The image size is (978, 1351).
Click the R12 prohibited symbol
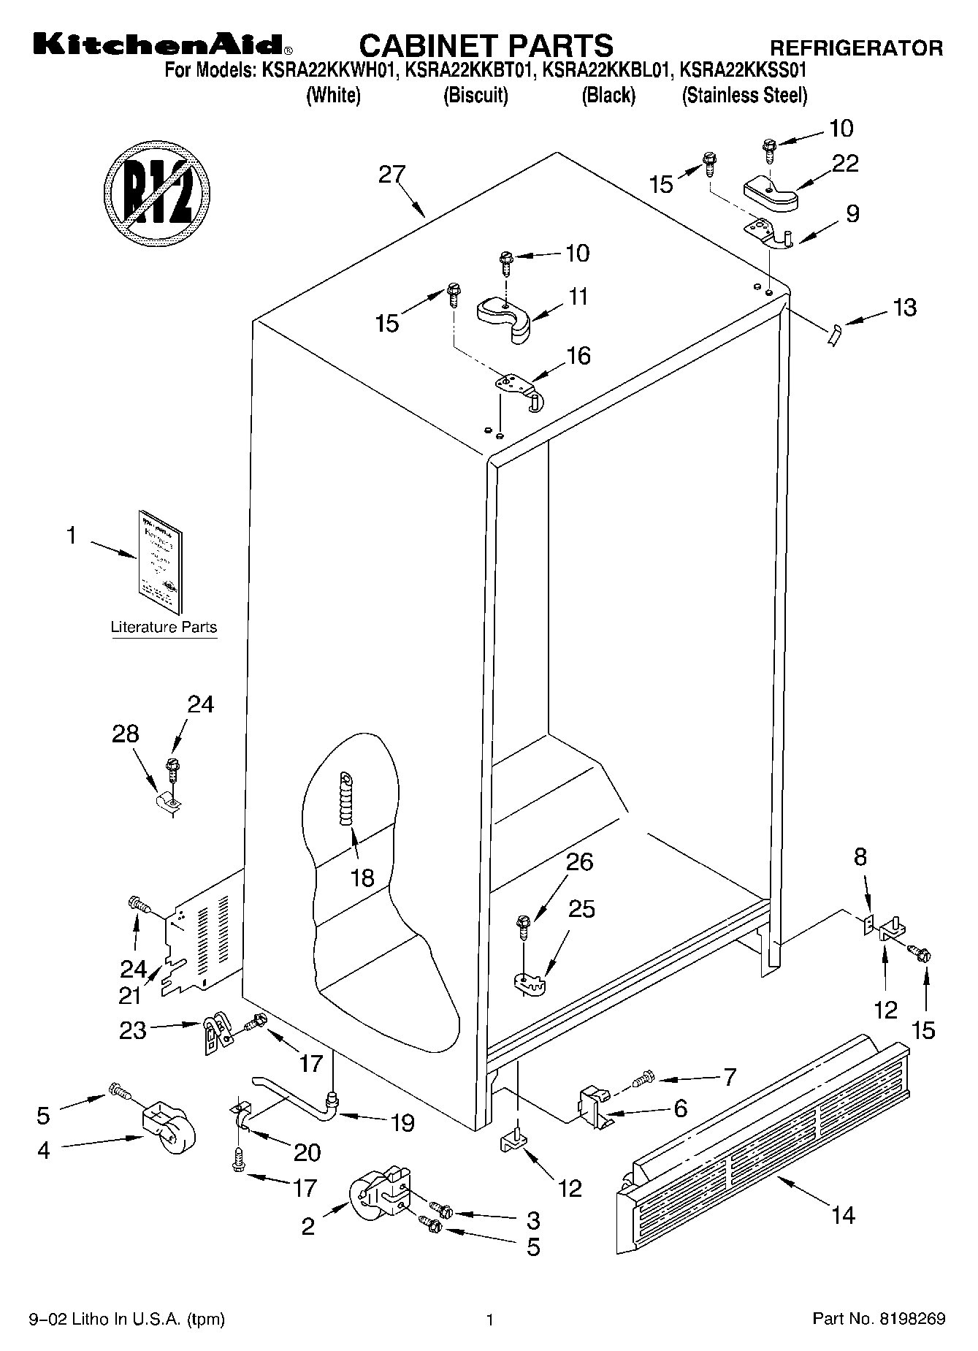(157, 192)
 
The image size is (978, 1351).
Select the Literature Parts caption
(164, 627)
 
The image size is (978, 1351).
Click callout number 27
(391, 175)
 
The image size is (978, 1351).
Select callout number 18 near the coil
(363, 877)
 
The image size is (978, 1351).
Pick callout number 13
(904, 308)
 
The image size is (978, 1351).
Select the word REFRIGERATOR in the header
(857, 48)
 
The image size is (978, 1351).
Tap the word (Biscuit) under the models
(475, 95)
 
